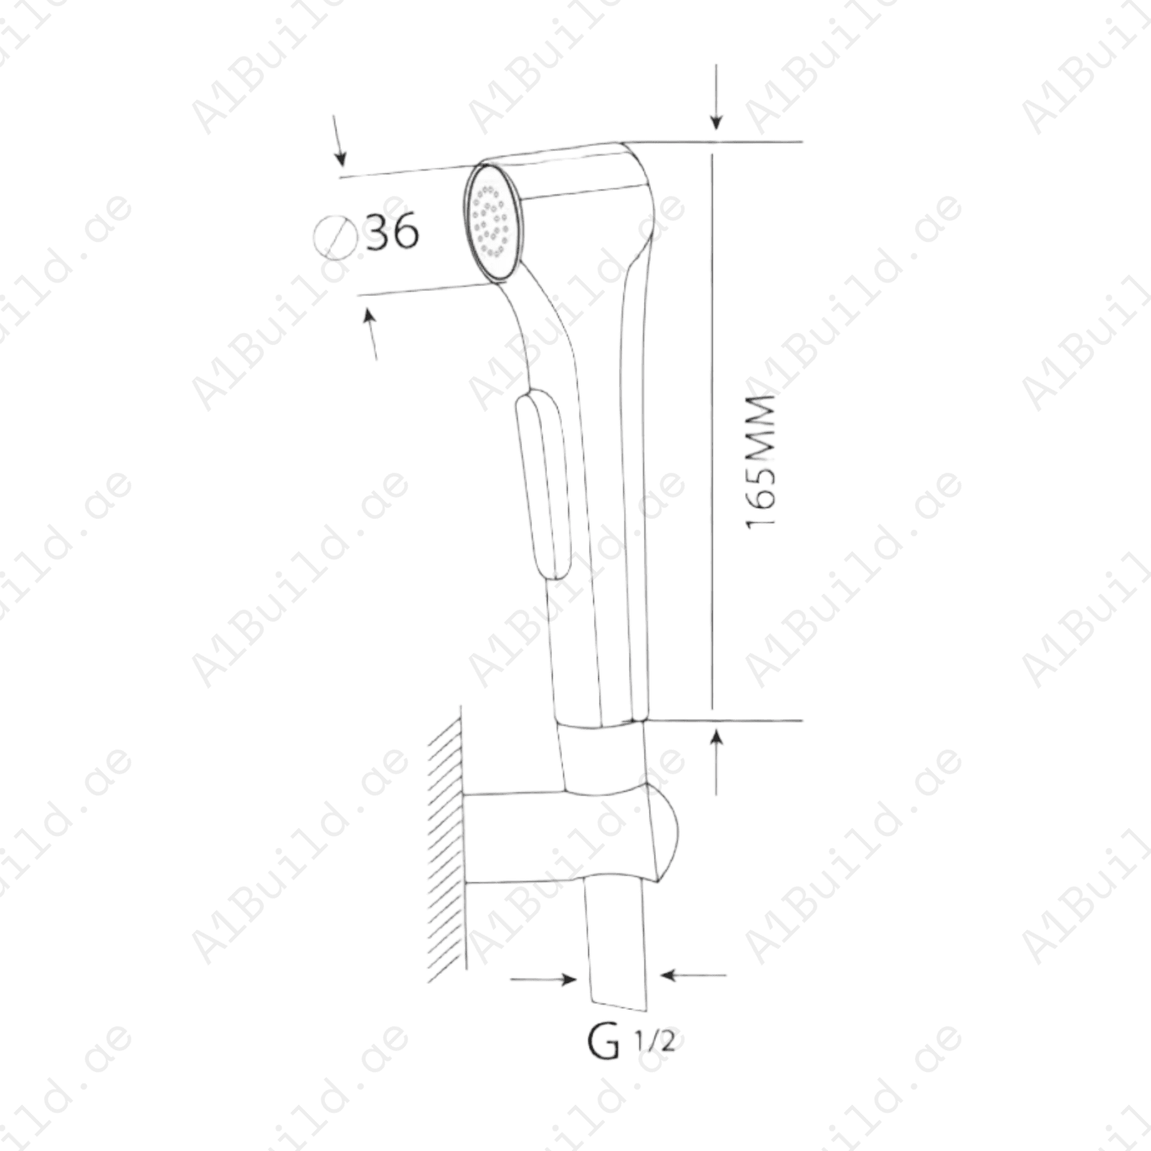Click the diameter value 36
click(x=392, y=232)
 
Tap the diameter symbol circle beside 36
click(x=335, y=238)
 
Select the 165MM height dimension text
click(x=760, y=461)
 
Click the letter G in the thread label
click(x=604, y=1041)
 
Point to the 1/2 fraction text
click(x=654, y=1041)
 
